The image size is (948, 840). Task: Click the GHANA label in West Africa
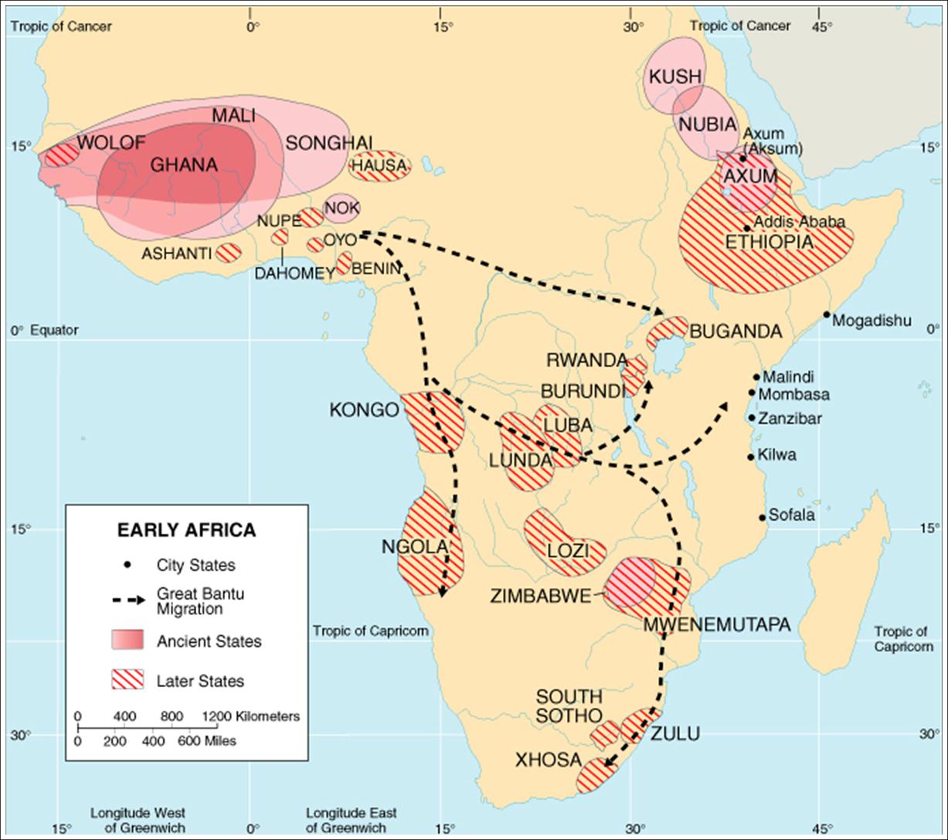pyautogui.click(x=184, y=165)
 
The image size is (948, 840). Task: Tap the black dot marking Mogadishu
pyautogui.click(x=827, y=315)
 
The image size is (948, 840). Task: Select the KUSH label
pyautogui.click(x=674, y=77)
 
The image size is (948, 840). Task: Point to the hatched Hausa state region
pyautogui.click(x=379, y=165)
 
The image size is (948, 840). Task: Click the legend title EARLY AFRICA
pyautogui.click(x=186, y=531)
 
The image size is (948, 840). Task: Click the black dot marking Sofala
pyautogui.click(x=762, y=518)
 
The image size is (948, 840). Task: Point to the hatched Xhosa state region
pyautogui.click(x=596, y=775)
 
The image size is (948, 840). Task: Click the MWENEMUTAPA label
pyautogui.click(x=717, y=624)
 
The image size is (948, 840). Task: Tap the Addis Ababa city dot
pyautogui.click(x=747, y=228)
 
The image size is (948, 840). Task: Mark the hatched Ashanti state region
pyautogui.click(x=229, y=252)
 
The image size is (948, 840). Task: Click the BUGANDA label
pyautogui.click(x=736, y=332)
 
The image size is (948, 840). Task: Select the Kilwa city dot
pyautogui.click(x=750, y=457)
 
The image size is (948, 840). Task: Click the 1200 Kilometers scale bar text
pyautogui.click(x=251, y=716)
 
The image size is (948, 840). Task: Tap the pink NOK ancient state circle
pyautogui.click(x=341, y=207)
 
